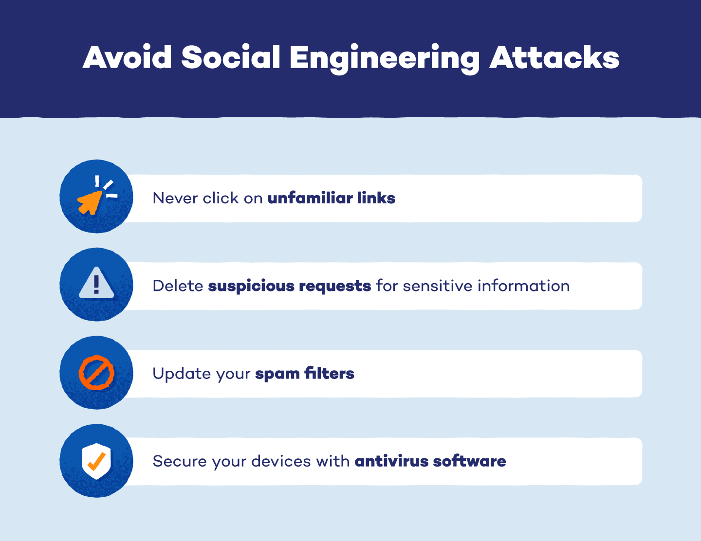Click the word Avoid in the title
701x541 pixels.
pos(127,57)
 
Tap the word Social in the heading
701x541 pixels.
pos(231,57)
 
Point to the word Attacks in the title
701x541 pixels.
pos(554,57)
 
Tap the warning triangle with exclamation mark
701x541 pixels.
pos(96,284)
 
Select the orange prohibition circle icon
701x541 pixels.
pos(96,373)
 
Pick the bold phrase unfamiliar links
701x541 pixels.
pos(331,198)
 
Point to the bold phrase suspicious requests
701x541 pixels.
pos(289,286)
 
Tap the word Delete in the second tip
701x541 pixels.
pos(178,286)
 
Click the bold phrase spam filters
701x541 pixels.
pos(305,374)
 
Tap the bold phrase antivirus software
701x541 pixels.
pos(430,461)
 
